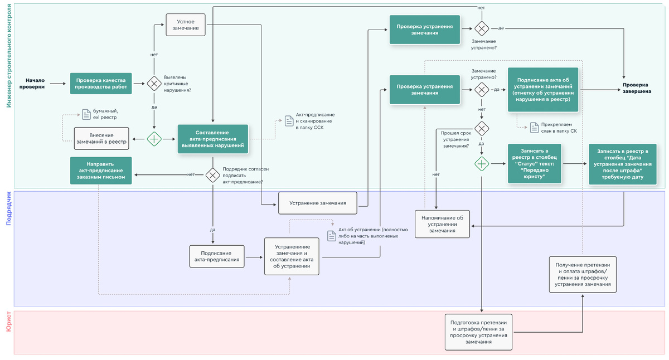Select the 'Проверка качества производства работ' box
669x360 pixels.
coord(101,84)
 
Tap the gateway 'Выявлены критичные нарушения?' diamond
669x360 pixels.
coord(154,84)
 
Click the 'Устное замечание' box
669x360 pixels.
coord(186,25)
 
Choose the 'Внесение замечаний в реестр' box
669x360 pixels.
coord(101,139)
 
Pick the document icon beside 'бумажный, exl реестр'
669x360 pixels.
coord(86,114)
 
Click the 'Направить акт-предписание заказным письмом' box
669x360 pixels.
coord(101,171)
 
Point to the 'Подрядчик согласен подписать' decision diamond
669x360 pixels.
coord(212,175)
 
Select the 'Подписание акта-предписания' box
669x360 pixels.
coord(217,256)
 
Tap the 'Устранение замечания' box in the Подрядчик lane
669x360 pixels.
coord(318,203)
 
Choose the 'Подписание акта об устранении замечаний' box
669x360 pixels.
coord(543,89)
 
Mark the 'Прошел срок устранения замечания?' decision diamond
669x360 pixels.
coord(482,129)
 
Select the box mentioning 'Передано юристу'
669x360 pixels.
coord(535,163)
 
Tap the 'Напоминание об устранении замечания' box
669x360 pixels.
coord(443,223)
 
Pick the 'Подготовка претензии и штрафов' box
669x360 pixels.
coord(478,332)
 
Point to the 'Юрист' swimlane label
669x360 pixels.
coord(8,322)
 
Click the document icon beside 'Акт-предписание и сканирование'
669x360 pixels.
coord(289,121)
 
